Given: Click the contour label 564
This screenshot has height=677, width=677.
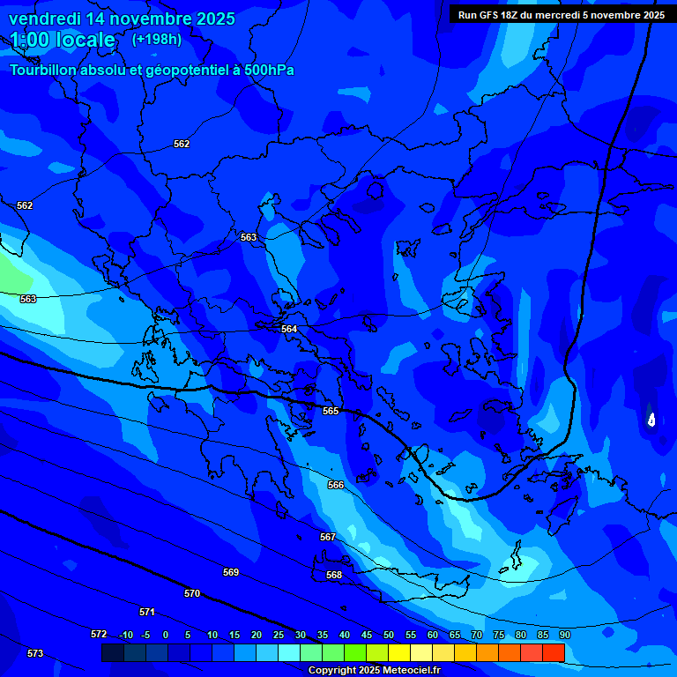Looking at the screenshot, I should (289, 329).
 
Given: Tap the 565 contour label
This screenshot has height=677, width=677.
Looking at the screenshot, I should (331, 411).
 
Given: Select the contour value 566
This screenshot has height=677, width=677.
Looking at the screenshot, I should (336, 485).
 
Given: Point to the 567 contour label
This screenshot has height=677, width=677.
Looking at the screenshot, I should (328, 537).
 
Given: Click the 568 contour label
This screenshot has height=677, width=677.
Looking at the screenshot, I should (334, 575).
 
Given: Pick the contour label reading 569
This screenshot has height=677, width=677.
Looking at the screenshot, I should (231, 572).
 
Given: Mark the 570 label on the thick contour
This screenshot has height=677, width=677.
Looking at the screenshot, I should (192, 593).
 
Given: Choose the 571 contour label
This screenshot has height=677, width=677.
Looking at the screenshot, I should (147, 612).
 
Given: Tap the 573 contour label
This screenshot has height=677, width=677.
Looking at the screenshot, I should (35, 653).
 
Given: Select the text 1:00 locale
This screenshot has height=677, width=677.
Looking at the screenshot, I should (63, 41).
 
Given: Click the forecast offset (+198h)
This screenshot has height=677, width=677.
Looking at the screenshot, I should (157, 40).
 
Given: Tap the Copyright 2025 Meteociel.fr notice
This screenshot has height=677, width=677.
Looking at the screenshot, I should (374, 671).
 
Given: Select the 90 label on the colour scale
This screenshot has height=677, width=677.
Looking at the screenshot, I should (564, 635).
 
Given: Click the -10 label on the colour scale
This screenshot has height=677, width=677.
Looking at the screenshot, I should (126, 635).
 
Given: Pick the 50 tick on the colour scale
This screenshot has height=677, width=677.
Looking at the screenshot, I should (388, 635).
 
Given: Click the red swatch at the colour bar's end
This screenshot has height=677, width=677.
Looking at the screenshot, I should (553, 652).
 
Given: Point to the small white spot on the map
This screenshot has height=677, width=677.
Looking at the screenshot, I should (651, 420).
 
